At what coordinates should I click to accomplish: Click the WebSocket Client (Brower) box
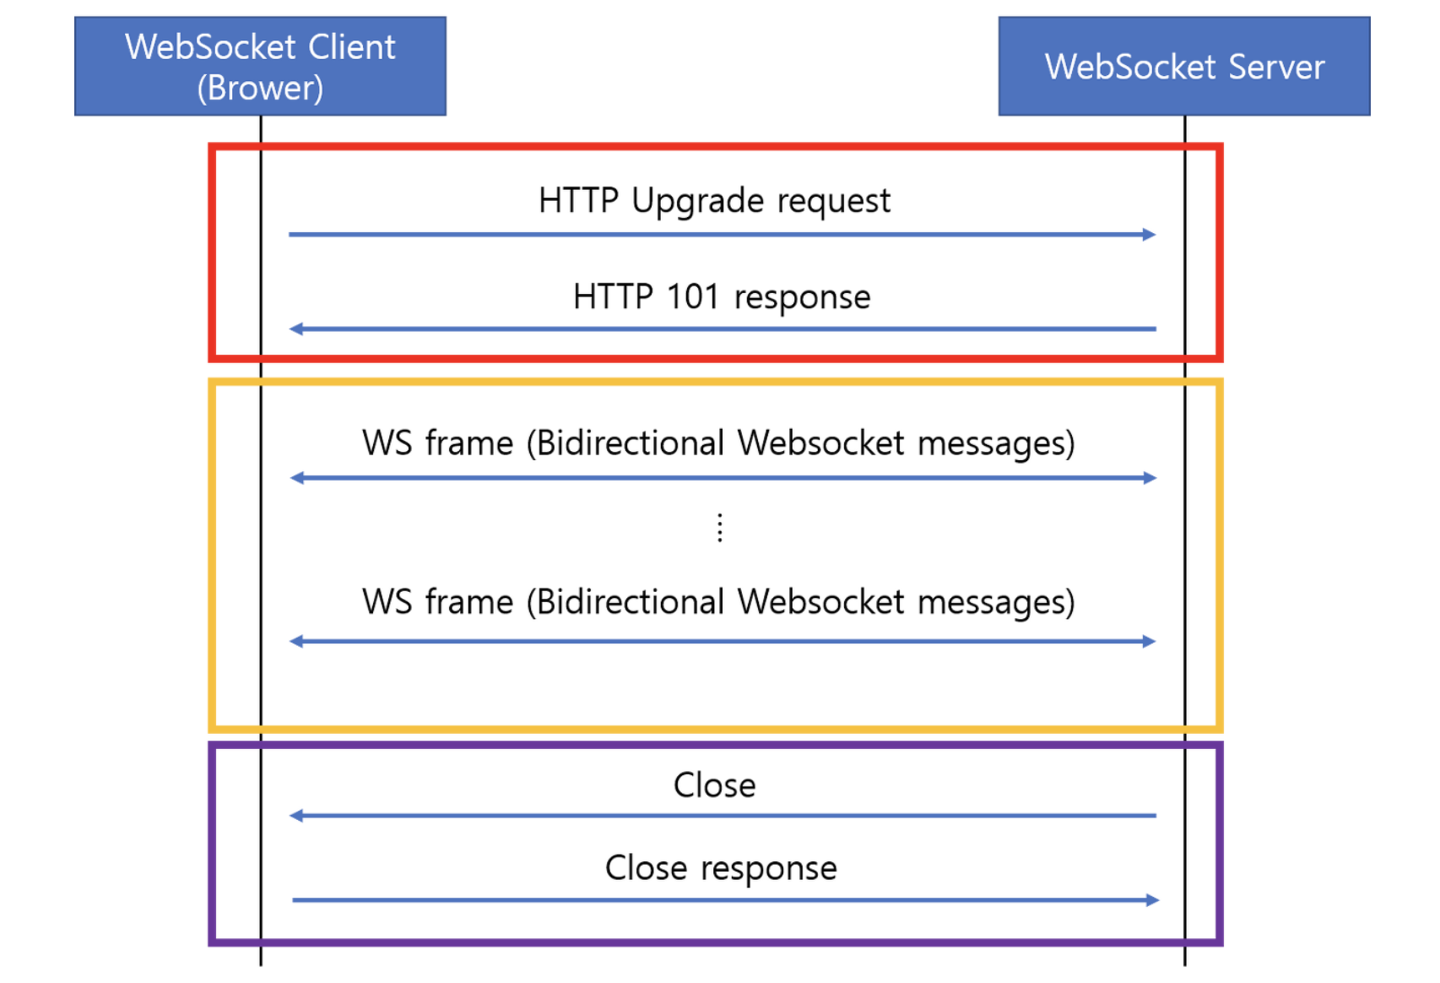[260, 66]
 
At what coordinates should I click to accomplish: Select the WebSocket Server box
[1183, 66]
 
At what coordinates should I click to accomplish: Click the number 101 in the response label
[692, 297]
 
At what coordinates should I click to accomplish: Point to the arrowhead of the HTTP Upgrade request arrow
[1149, 235]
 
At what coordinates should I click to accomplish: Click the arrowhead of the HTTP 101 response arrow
[296, 329]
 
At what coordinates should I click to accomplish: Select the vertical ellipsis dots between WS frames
[719, 528]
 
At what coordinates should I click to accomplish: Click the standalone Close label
[714, 785]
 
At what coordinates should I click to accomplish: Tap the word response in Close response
[768, 869]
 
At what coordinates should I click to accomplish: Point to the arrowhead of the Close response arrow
[1152, 900]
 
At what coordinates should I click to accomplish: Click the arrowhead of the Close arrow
[296, 816]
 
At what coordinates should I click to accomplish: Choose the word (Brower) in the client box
[260, 88]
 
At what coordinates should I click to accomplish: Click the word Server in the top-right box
[1276, 68]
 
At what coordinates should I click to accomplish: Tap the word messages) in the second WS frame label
[996, 603]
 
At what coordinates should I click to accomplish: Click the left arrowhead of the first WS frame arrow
[297, 478]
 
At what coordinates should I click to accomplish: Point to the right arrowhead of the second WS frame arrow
[1149, 642]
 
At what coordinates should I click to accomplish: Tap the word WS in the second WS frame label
[387, 603]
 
